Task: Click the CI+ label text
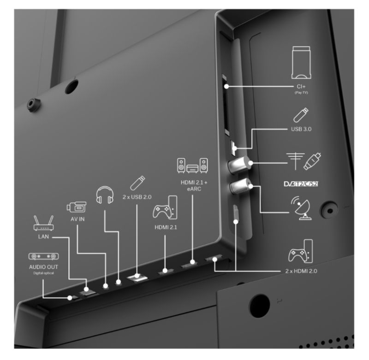pos(301,87)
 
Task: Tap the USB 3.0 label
pos(301,129)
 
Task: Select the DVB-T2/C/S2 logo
pos(301,183)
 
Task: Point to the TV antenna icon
pos(295,161)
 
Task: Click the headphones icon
pos(105,195)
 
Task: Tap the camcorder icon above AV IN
pos(76,207)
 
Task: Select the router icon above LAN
pos(43,223)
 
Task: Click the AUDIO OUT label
pos(43,267)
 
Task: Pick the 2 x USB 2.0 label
pos(137,197)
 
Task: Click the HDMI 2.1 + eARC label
pos(194,185)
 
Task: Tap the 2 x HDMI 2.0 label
pos(301,271)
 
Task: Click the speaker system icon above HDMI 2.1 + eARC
pos(192,165)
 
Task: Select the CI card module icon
pos(301,63)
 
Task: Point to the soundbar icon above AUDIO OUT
pos(43,256)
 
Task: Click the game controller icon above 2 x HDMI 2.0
pos(301,251)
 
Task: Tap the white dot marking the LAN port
pos(86,289)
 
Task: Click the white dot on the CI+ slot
pos(226,86)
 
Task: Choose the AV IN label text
pos(77,219)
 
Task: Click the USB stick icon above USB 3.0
pos(301,115)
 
